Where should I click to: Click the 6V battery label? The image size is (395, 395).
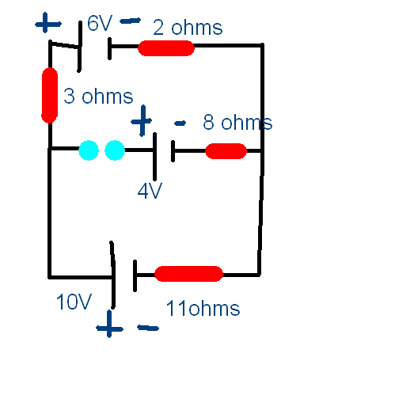pyautogui.click(x=100, y=23)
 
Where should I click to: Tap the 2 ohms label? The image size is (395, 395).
pyautogui.click(x=188, y=28)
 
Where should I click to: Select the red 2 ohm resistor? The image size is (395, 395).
pyautogui.click(x=166, y=48)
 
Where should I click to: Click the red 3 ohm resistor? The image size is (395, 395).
pyautogui.click(x=50, y=95)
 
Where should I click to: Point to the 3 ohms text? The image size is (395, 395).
pyautogui.click(x=98, y=96)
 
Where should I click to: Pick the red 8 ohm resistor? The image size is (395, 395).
pyautogui.click(x=226, y=151)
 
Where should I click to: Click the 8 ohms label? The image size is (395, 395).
pyautogui.click(x=237, y=122)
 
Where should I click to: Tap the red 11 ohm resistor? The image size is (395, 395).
pyautogui.click(x=188, y=274)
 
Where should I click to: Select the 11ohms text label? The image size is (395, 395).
pyautogui.click(x=203, y=308)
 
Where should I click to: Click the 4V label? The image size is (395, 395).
pyautogui.click(x=150, y=192)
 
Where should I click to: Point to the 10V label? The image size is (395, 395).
pyautogui.click(x=74, y=302)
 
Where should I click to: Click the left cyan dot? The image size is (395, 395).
pyautogui.click(x=89, y=150)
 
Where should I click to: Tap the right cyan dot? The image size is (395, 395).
pyautogui.click(x=115, y=150)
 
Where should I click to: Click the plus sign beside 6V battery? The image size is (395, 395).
pyautogui.click(x=47, y=23)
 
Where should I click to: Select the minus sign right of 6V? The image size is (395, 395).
pyautogui.click(x=131, y=21)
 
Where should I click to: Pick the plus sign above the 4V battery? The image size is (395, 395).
pyautogui.click(x=142, y=121)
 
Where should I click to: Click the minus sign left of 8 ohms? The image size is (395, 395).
pyautogui.click(x=180, y=123)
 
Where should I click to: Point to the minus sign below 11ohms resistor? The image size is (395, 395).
pyautogui.click(x=148, y=328)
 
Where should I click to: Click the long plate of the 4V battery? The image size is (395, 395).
pyautogui.click(x=155, y=157)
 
